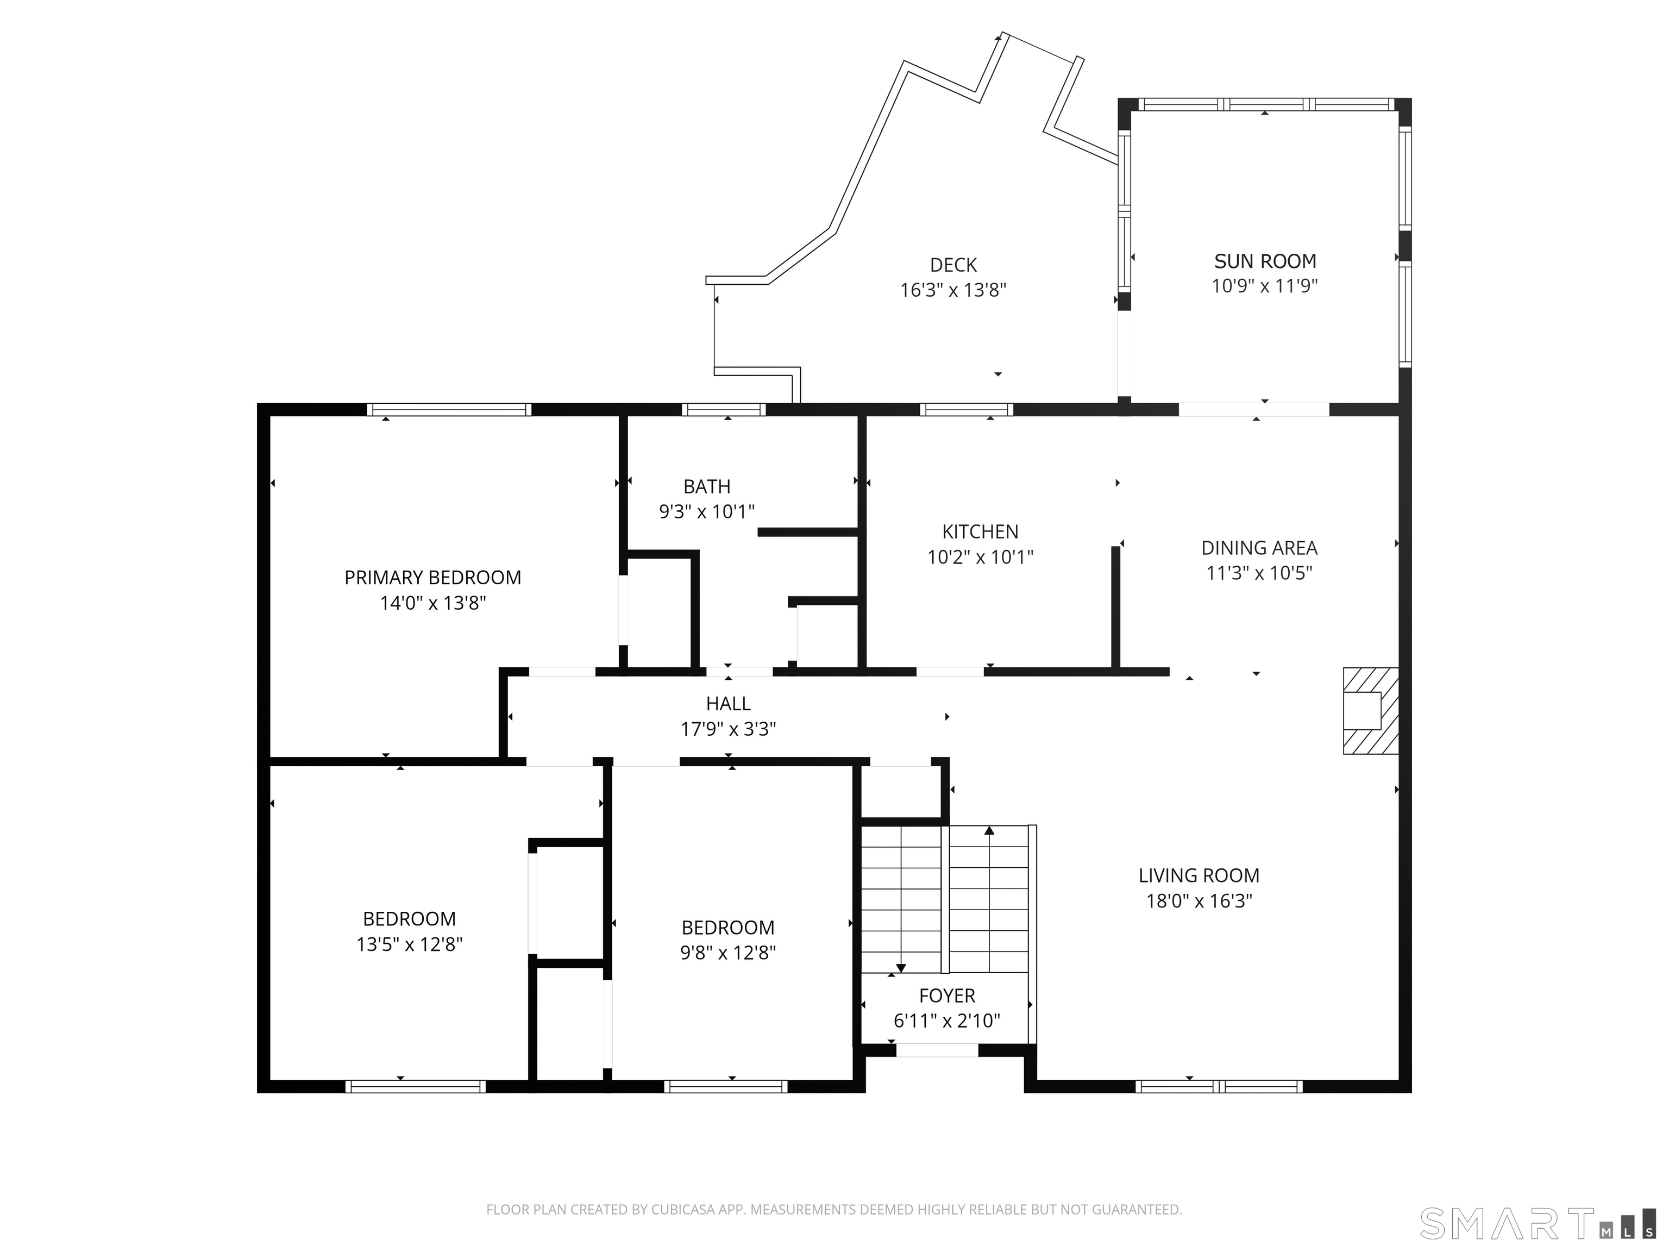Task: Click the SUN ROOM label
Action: pyautogui.click(x=1265, y=261)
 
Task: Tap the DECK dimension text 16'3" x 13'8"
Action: pyautogui.click(x=953, y=290)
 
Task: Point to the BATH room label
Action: pyautogui.click(x=707, y=487)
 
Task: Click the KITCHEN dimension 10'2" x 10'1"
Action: pyautogui.click(x=980, y=557)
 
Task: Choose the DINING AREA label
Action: pyautogui.click(x=1259, y=548)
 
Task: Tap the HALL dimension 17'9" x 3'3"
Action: pyautogui.click(x=728, y=729)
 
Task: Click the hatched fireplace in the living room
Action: pyautogui.click(x=1370, y=710)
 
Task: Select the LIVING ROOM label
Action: pyautogui.click(x=1199, y=875)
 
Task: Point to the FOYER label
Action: pyautogui.click(x=947, y=996)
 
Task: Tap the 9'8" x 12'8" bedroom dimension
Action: pyautogui.click(x=728, y=953)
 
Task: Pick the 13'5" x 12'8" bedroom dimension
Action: pyautogui.click(x=409, y=944)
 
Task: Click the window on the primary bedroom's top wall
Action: pyautogui.click(x=449, y=410)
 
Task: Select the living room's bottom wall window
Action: pyautogui.click(x=1219, y=1087)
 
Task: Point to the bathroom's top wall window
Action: pyautogui.click(x=724, y=410)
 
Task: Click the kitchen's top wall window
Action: pyautogui.click(x=967, y=410)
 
